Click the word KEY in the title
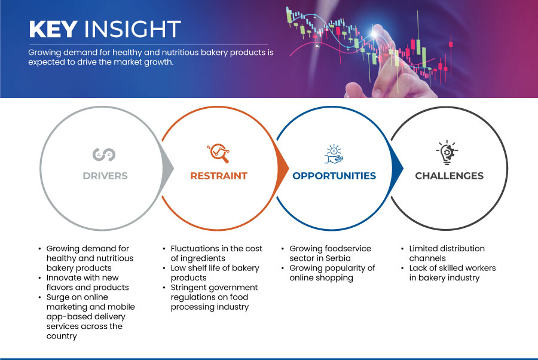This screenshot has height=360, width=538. click(x=53, y=29)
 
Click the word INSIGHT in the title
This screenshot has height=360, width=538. click(x=133, y=29)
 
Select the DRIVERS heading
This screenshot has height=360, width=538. click(x=105, y=176)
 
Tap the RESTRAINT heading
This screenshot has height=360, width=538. click(x=219, y=176)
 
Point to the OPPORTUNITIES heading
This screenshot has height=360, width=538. click(x=334, y=176)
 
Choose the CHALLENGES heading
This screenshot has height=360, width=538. click(x=449, y=176)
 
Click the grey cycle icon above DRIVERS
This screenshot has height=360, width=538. click(x=104, y=154)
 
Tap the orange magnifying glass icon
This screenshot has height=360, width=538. click(x=218, y=153)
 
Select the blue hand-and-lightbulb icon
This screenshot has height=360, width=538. click(x=334, y=154)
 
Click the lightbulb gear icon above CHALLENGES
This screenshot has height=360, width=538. click(x=447, y=152)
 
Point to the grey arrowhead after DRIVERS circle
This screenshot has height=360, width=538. click(x=168, y=168)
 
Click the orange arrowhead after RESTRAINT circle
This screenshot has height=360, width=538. click(x=283, y=168)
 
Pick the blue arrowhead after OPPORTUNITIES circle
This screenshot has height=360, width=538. click(x=398, y=168)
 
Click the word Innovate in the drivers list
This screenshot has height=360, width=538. click(x=62, y=277)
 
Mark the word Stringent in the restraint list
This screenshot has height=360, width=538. click(x=189, y=288)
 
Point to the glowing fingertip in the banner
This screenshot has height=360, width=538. click(x=375, y=32)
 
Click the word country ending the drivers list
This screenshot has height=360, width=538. click(x=62, y=336)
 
